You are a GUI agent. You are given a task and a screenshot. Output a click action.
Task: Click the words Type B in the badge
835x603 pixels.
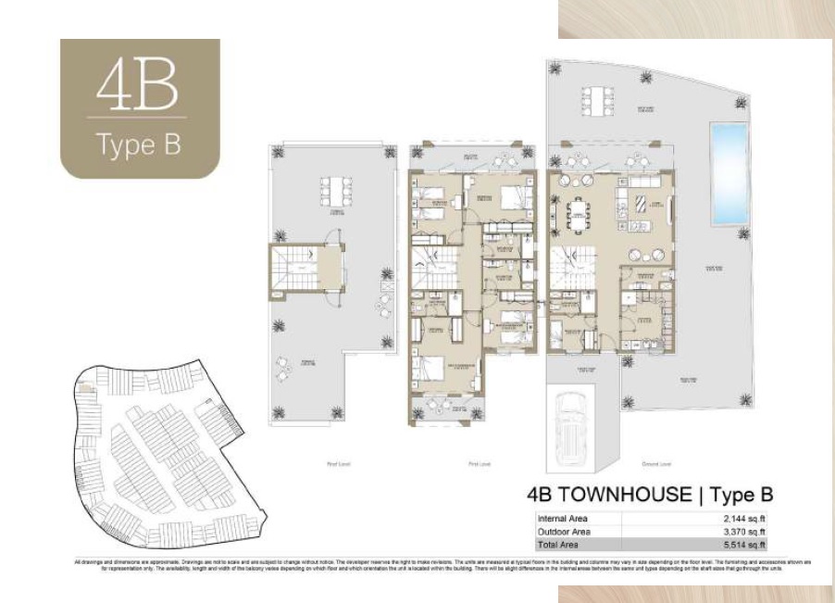tap(139, 145)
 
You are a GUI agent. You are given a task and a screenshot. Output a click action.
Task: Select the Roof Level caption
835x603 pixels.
tap(338, 463)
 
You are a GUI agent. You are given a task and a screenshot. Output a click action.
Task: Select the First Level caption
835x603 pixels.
tap(472, 463)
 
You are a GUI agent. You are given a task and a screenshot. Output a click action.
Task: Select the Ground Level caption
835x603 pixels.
tap(659, 463)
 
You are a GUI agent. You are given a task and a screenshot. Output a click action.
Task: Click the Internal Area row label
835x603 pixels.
tap(562, 518)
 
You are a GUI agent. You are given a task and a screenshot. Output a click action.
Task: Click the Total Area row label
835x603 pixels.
tap(557, 546)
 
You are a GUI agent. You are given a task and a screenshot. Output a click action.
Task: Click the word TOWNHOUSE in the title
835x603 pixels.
tap(626, 496)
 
